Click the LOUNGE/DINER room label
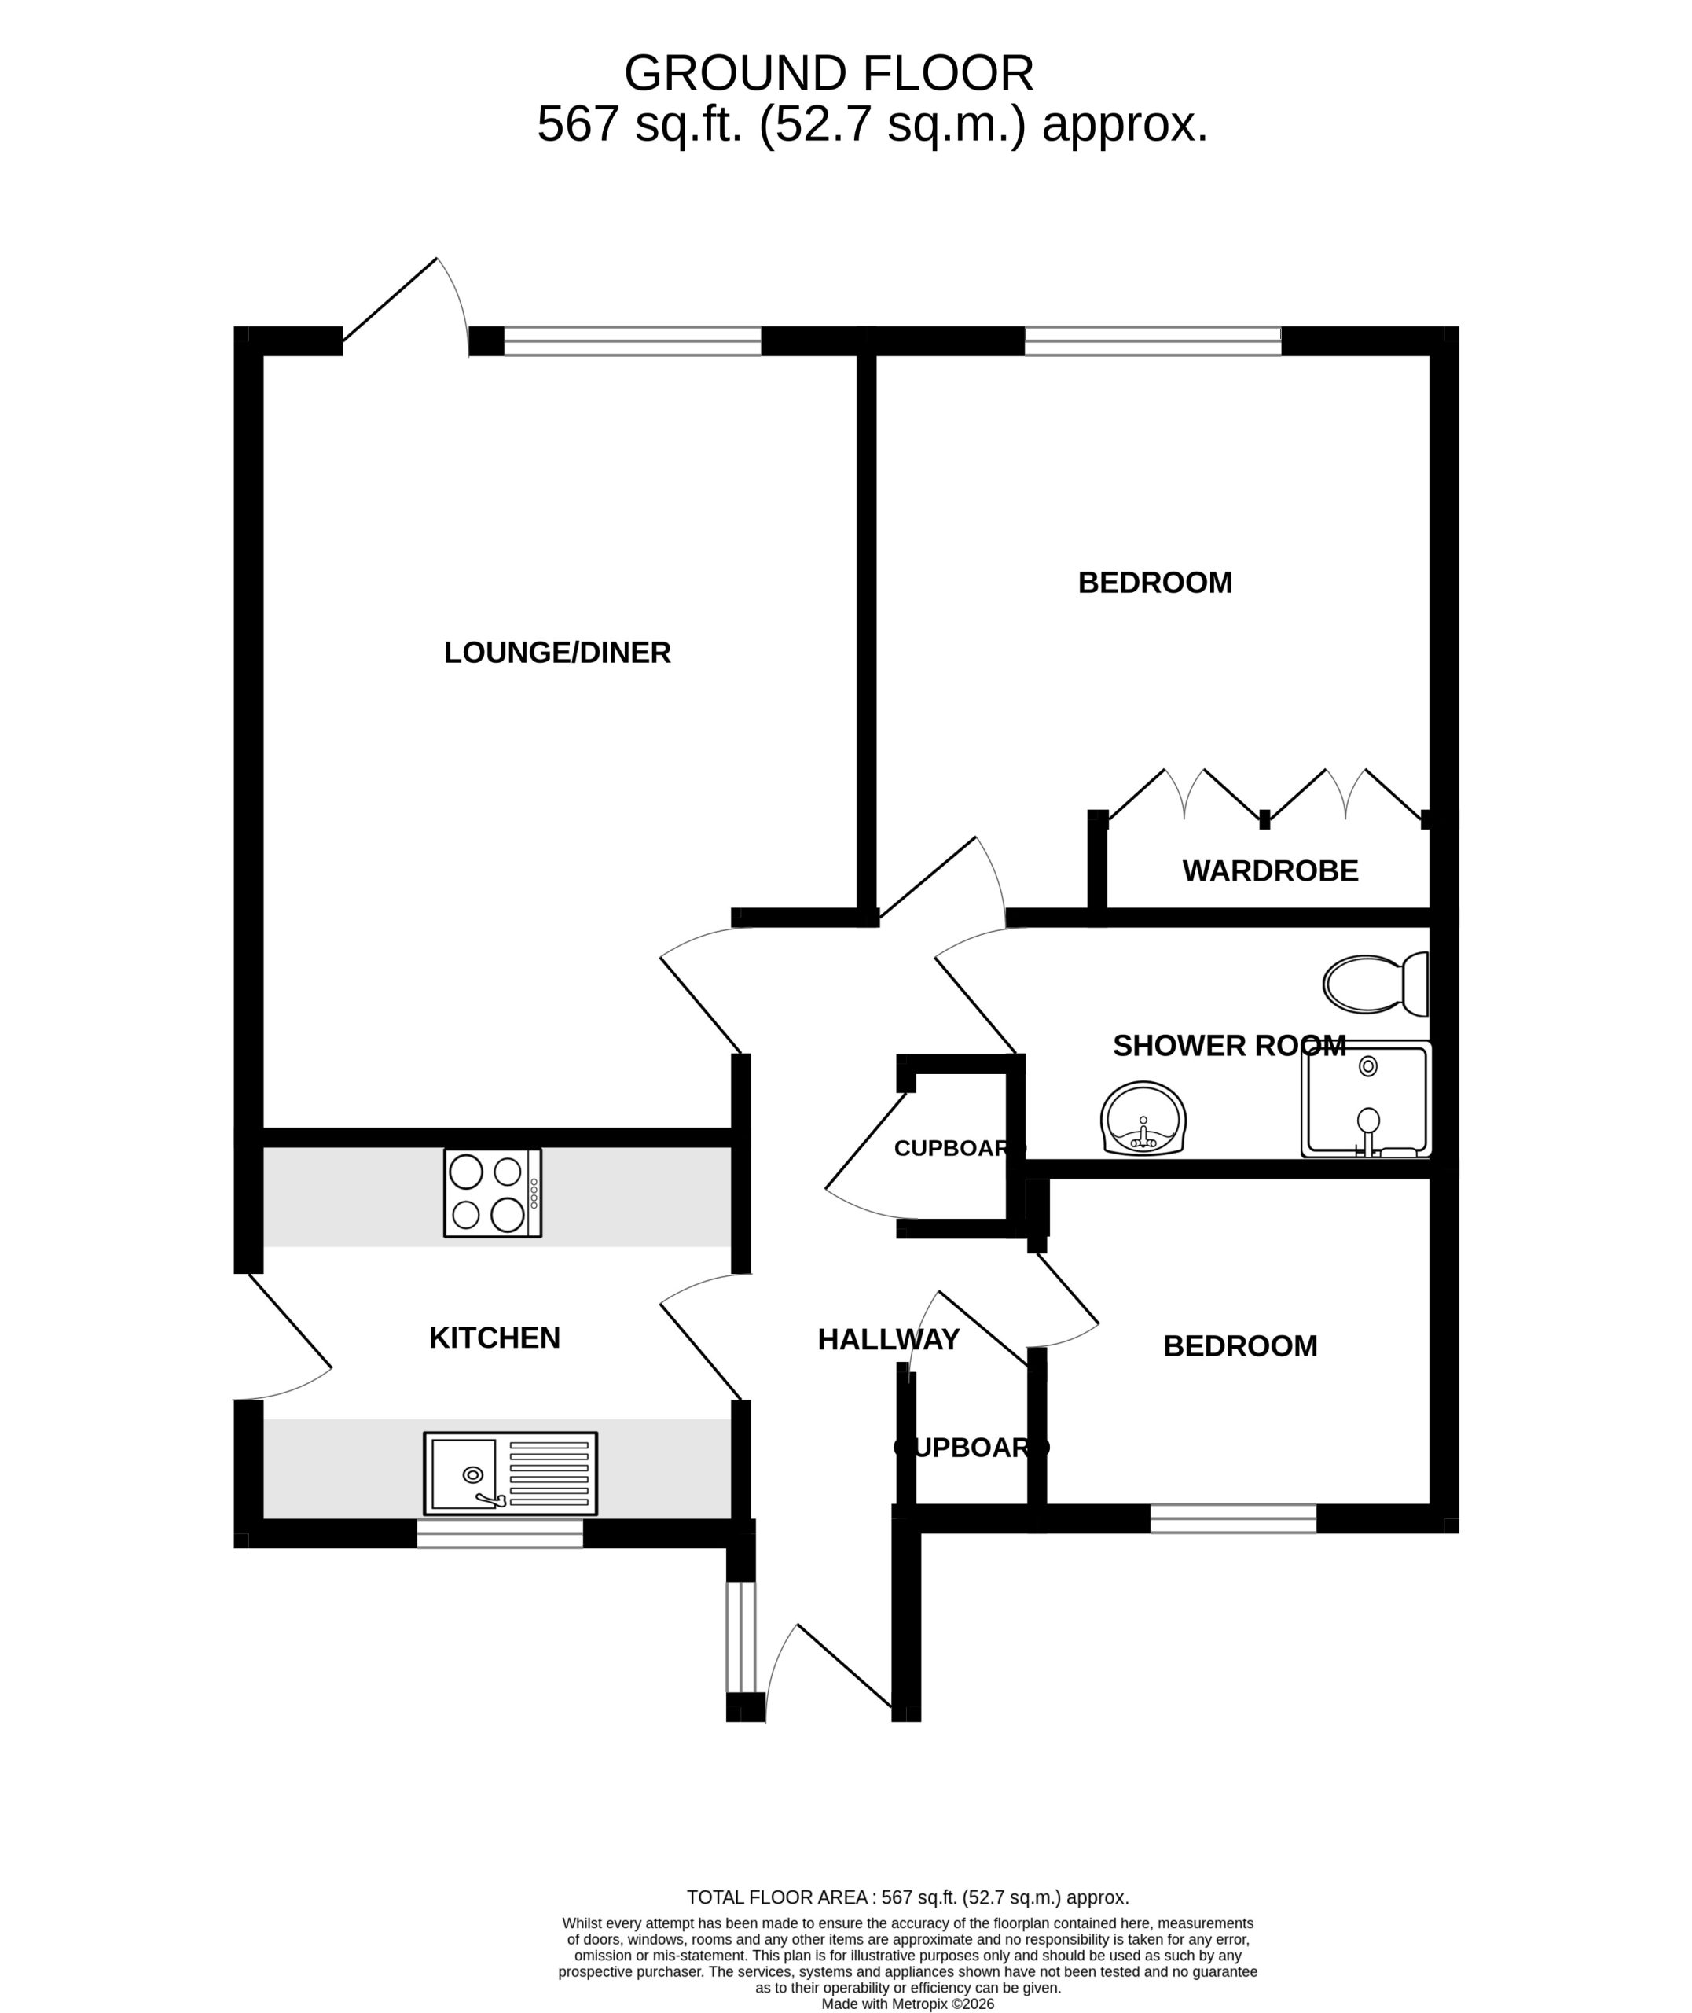(557, 653)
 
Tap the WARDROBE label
(1270, 871)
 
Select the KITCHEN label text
(494, 1338)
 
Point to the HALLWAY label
(888, 1339)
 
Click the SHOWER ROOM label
(1228, 1046)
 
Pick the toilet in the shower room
(1375, 984)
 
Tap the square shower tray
(1366, 1099)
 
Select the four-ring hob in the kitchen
(492, 1193)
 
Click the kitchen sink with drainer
(510, 1474)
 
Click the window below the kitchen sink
(500, 1533)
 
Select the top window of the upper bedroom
(1153, 341)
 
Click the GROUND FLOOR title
(829, 73)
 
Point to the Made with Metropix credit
(908, 2004)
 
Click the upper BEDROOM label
(1155, 583)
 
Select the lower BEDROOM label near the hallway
(1240, 1346)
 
